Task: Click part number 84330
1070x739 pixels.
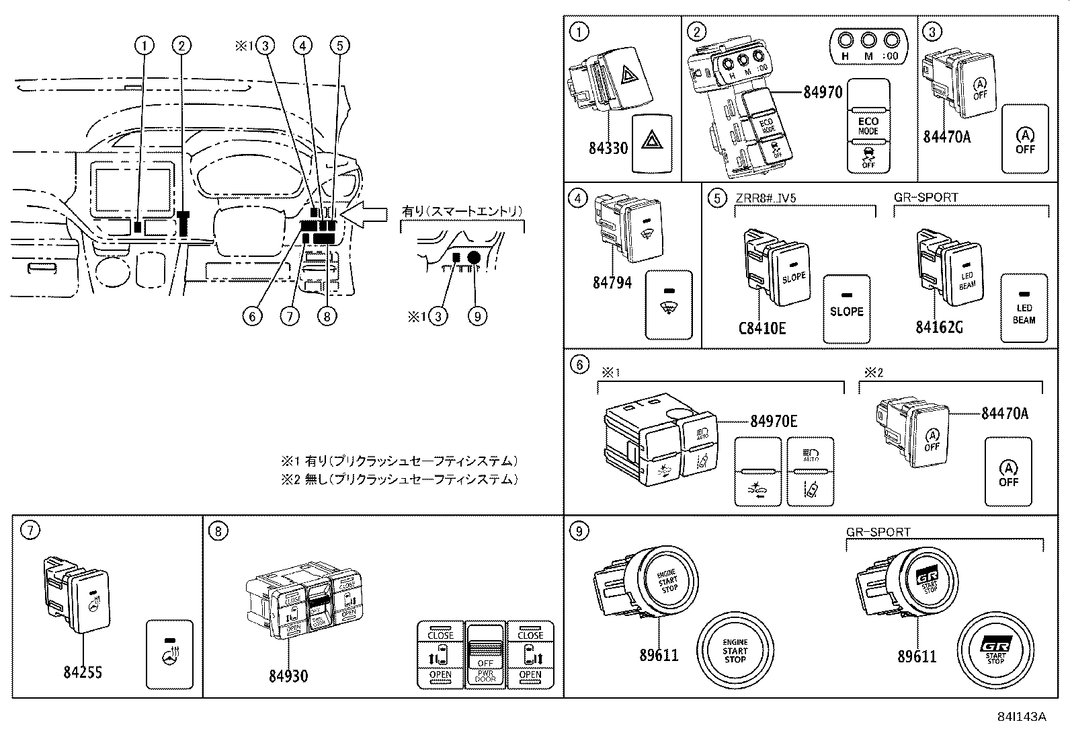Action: (608, 148)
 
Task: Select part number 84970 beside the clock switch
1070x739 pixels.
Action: (822, 92)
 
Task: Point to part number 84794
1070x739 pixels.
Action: (612, 282)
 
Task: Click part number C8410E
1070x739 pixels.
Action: (762, 328)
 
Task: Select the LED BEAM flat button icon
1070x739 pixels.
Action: (1024, 307)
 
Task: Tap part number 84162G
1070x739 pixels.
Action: (938, 327)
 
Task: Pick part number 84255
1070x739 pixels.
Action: (82, 672)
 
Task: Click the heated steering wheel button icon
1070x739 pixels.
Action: (169, 654)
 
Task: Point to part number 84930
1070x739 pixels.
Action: (288, 675)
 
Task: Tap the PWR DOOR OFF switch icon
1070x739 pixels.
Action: (485, 656)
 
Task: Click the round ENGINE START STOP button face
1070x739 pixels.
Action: (735, 650)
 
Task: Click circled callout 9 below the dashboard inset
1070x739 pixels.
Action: (477, 316)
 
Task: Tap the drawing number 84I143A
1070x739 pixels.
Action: (1022, 717)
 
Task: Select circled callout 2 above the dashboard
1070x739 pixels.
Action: (181, 46)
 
